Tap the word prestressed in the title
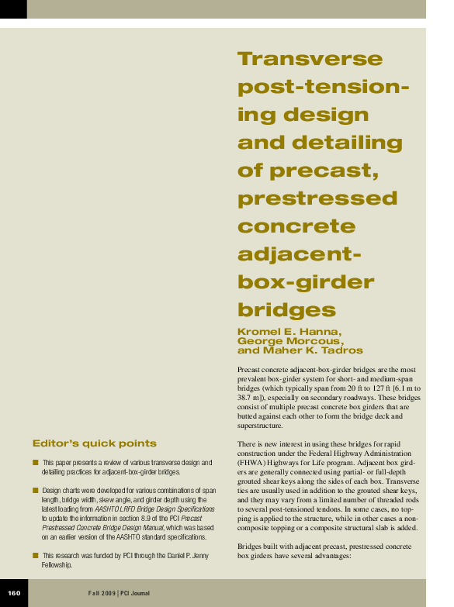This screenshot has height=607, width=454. point(317,198)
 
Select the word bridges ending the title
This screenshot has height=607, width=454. point(286,310)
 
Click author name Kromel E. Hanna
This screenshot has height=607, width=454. point(289,331)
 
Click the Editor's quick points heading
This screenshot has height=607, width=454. point(94,443)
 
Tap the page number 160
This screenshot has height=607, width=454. point(14,593)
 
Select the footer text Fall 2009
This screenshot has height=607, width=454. point(101,593)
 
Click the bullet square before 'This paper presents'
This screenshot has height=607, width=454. point(36,462)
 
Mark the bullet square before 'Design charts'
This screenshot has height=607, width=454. point(36,491)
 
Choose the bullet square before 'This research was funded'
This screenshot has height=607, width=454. point(36,555)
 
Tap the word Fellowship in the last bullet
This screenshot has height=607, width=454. point(57,565)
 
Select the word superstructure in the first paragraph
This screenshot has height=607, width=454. point(261,426)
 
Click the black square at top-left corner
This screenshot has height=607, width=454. point(13,9)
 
